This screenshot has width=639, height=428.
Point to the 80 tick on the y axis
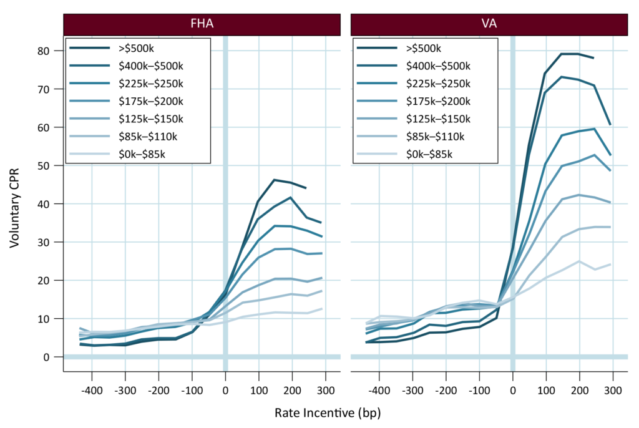pos(44,51)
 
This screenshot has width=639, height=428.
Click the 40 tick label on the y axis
pos(44,204)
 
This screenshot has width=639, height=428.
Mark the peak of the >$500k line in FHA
pos(275,180)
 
